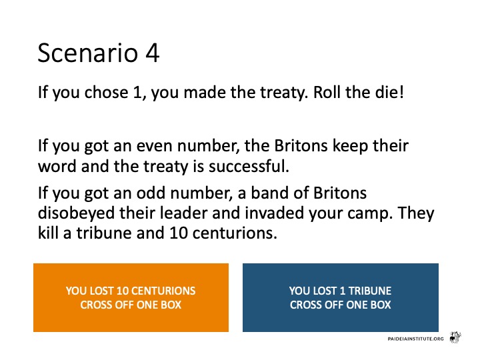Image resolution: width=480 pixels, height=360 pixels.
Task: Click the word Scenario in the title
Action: click(88, 53)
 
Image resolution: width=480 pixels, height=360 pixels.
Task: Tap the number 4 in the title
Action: click(153, 53)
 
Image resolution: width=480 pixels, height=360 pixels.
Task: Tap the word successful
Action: click(249, 166)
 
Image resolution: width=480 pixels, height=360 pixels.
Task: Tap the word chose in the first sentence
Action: click(106, 92)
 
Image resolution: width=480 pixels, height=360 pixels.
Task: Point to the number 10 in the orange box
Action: click(125, 291)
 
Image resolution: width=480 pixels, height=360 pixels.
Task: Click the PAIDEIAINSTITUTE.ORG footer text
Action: click(415, 339)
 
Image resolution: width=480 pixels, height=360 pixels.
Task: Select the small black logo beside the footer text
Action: click(455, 337)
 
